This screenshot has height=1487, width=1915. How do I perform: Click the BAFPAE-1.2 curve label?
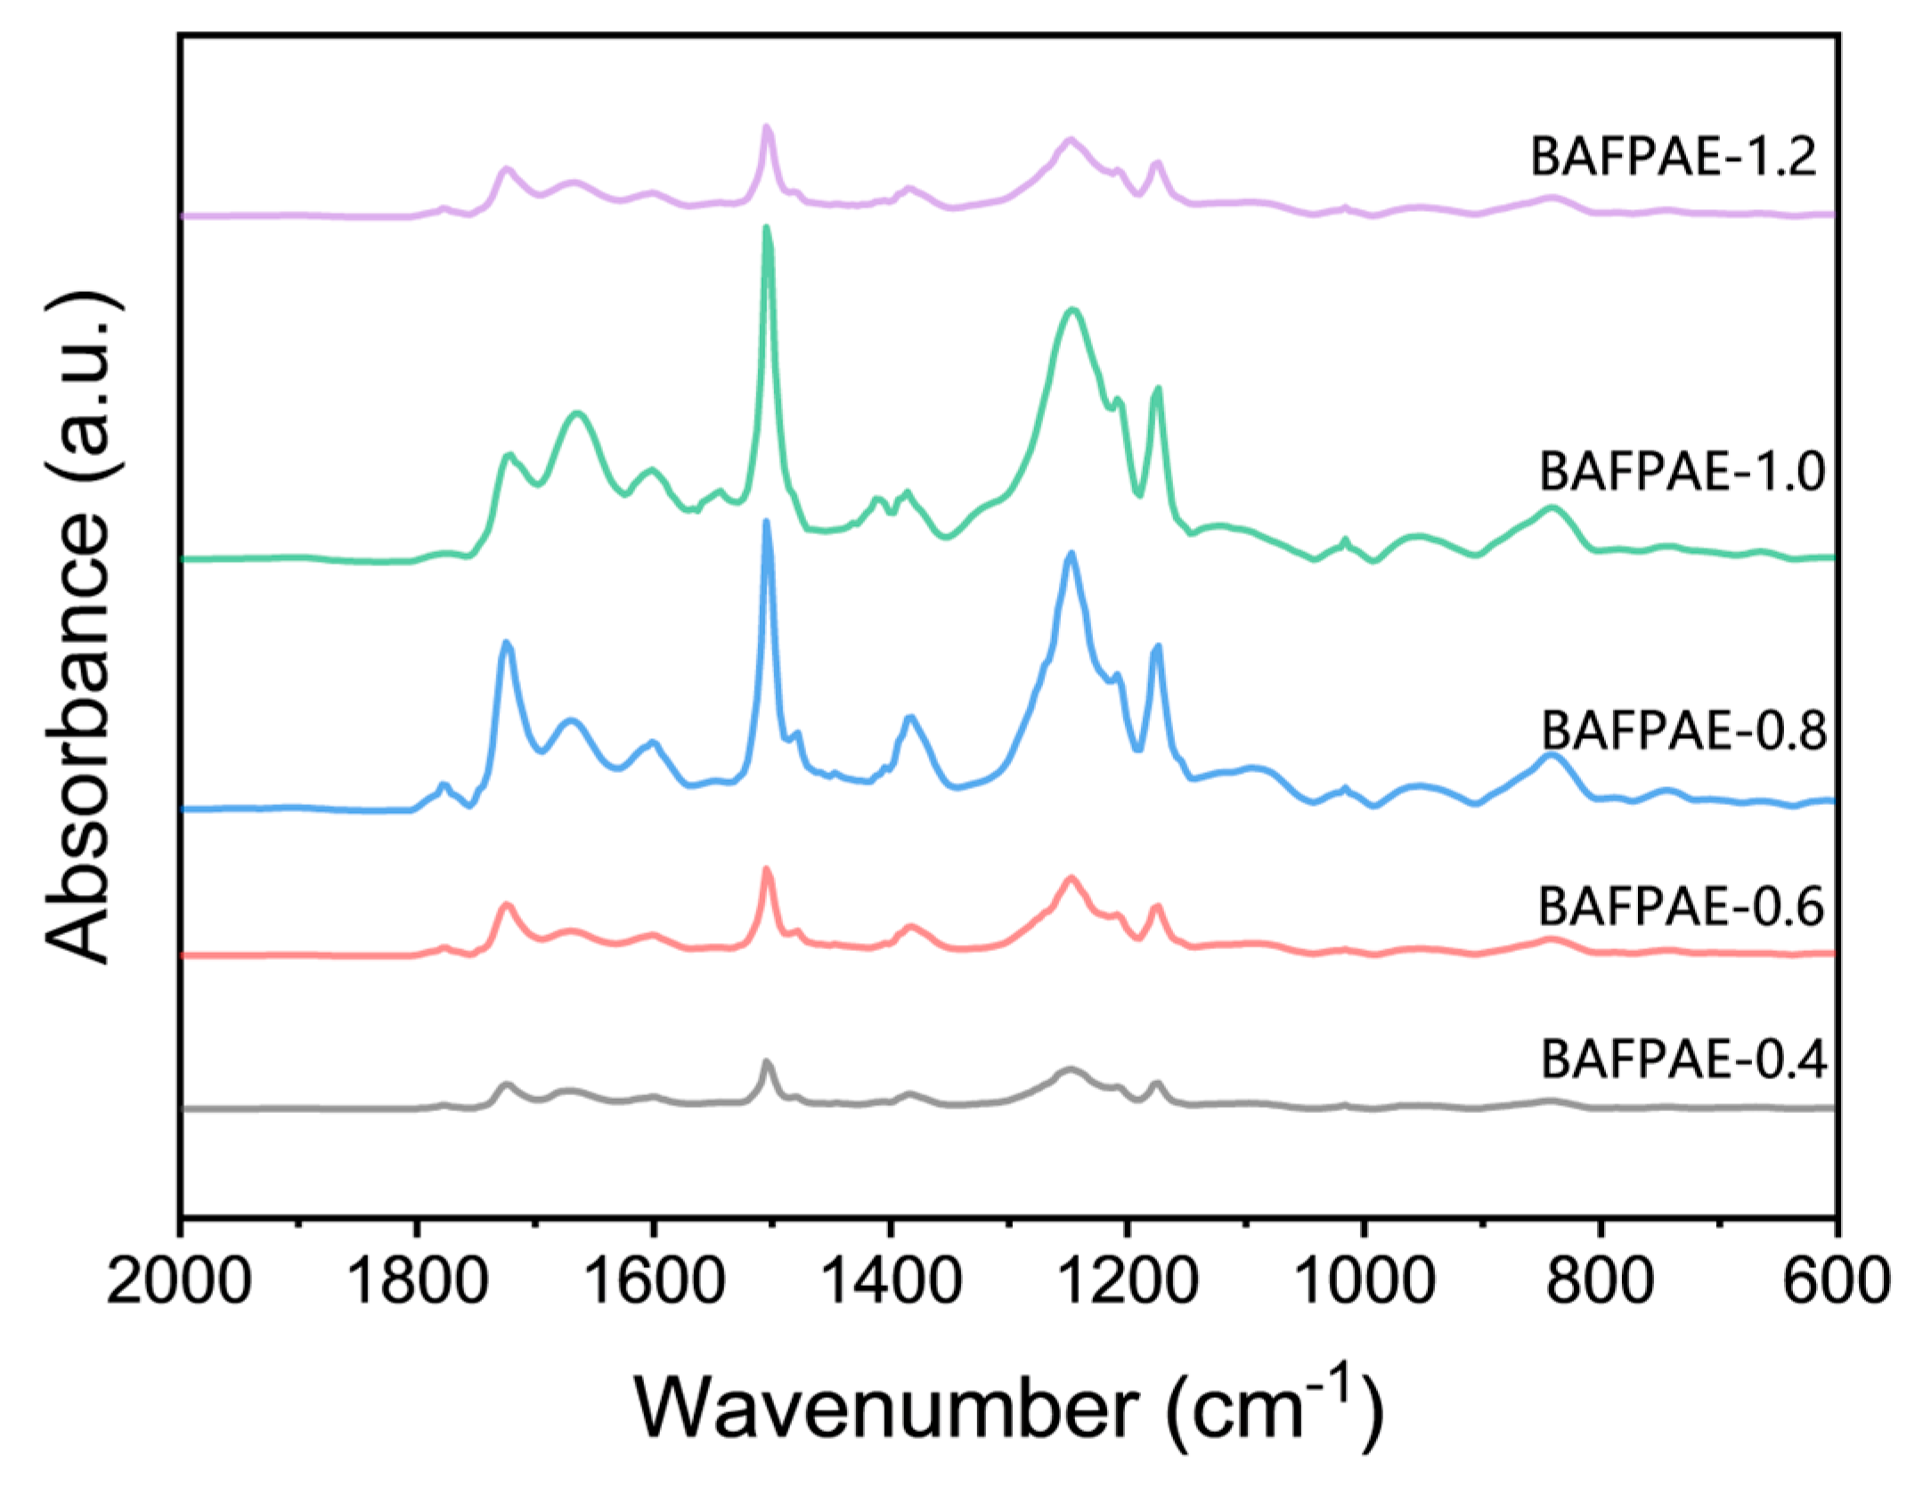1673,157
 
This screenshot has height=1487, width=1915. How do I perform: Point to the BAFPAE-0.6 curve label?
1681,906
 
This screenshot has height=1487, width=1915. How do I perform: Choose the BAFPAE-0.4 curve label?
1683,1060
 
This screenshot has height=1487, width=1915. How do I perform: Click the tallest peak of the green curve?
767,230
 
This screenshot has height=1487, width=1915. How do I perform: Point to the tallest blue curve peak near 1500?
766,524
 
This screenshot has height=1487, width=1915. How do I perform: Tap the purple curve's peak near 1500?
766,129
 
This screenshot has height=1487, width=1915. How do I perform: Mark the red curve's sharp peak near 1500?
766,870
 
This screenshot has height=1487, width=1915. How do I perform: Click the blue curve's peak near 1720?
507,643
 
